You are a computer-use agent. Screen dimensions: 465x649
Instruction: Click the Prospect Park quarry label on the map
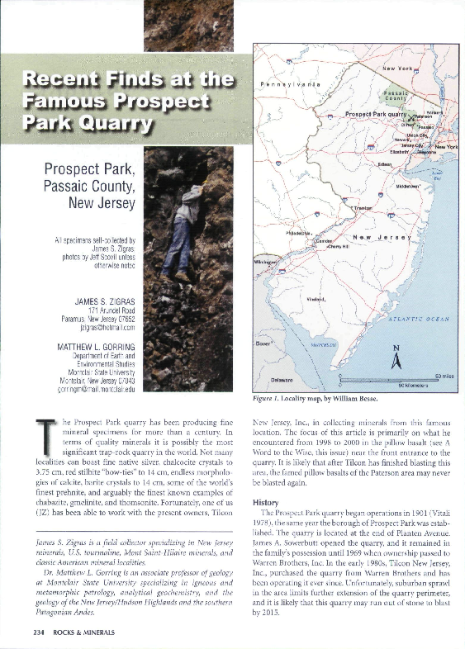point(376,114)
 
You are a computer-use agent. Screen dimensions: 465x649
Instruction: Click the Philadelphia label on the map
point(298,233)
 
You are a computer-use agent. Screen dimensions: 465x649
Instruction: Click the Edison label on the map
point(385,163)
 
